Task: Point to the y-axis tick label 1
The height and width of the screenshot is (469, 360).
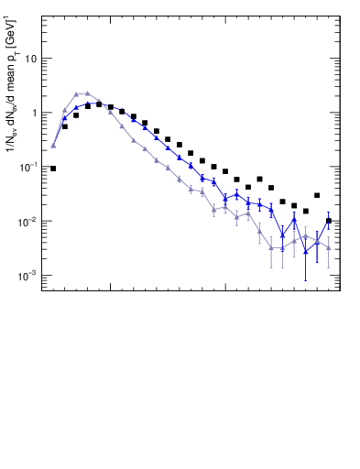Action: click(x=34, y=113)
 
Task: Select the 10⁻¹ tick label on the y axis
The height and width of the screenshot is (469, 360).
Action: click(x=28, y=167)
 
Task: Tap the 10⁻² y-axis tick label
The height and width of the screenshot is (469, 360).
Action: click(x=28, y=222)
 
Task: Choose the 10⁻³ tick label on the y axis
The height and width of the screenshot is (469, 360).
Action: click(x=28, y=276)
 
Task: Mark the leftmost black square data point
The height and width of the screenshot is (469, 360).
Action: click(x=53, y=169)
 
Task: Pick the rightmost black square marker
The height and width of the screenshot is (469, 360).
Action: click(x=329, y=221)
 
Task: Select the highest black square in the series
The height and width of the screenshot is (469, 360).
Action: click(x=99, y=104)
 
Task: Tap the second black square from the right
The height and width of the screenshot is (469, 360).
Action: click(x=317, y=195)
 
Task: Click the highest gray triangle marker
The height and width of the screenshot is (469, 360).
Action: click(x=87, y=93)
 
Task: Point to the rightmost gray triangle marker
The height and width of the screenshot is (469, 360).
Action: click(x=329, y=248)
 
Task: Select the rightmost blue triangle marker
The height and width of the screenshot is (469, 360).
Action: click(x=329, y=220)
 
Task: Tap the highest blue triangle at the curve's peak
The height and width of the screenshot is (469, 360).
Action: click(x=87, y=104)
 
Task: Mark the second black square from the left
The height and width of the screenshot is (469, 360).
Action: click(x=65, y=126)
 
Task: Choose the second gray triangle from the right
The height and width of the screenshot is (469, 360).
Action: click(x=317, y=240)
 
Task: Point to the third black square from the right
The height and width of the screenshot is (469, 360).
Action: click(x=306, y=211)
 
